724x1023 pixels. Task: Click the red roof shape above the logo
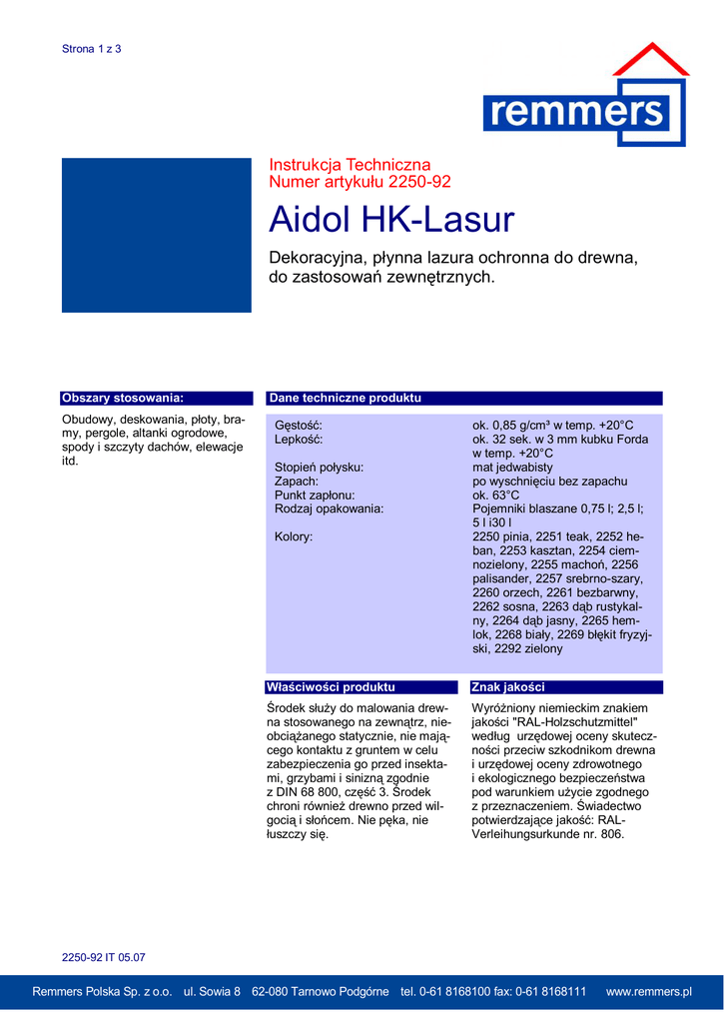pos(650,61)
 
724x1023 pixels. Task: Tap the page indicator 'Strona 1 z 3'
pos(91,49)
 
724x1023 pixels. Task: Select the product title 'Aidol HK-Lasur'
pos(391,219)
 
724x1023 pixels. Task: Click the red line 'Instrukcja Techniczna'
pos(350,165)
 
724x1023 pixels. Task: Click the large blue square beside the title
pos(157,235)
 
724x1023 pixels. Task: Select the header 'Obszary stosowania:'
pos(123,398)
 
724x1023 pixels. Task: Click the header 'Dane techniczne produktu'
pos(345,398)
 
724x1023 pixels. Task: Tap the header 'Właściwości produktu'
pos(331,687)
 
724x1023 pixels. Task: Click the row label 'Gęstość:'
pos(299,426)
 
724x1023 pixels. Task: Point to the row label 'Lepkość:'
pos(299,440)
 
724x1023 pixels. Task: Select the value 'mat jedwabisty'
pos(512,468)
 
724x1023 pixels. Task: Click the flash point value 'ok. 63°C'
pos(496,496)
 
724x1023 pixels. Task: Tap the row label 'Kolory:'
pos(294,536)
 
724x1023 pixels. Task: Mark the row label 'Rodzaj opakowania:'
pos(329,510)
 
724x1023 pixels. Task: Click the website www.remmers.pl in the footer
pos(649,992)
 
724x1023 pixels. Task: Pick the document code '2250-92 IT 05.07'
pos(104,957)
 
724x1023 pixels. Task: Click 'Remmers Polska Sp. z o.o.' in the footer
pos(102,992)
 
